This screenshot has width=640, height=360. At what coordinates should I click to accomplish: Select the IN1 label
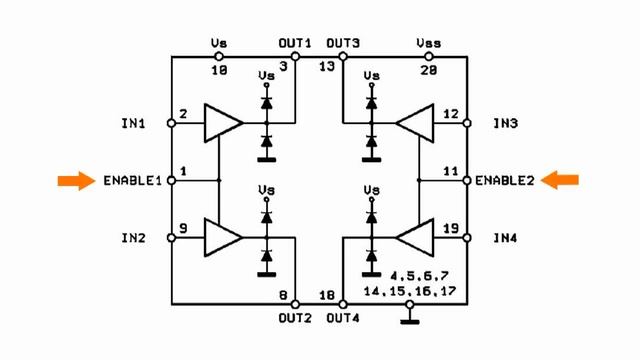tap(132, 124)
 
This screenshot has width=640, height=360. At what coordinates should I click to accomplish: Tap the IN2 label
tap(132, 238)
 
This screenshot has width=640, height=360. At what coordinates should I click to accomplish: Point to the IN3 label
tap(506, 124)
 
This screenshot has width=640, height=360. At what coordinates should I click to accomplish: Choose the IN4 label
tap(506, 238)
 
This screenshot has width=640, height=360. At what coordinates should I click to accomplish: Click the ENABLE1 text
tap(132, 181)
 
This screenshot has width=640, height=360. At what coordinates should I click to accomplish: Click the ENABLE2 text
tap(506, 181)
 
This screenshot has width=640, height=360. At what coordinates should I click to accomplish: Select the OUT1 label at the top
tap(295, 43)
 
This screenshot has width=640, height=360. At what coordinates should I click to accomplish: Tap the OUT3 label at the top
tap(343, 43)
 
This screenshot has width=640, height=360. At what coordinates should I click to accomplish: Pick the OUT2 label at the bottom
tap(295, 318)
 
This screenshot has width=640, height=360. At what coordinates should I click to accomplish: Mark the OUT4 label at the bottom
tap(343, 318)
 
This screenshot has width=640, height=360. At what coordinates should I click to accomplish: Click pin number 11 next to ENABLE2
tap(451, 171)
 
